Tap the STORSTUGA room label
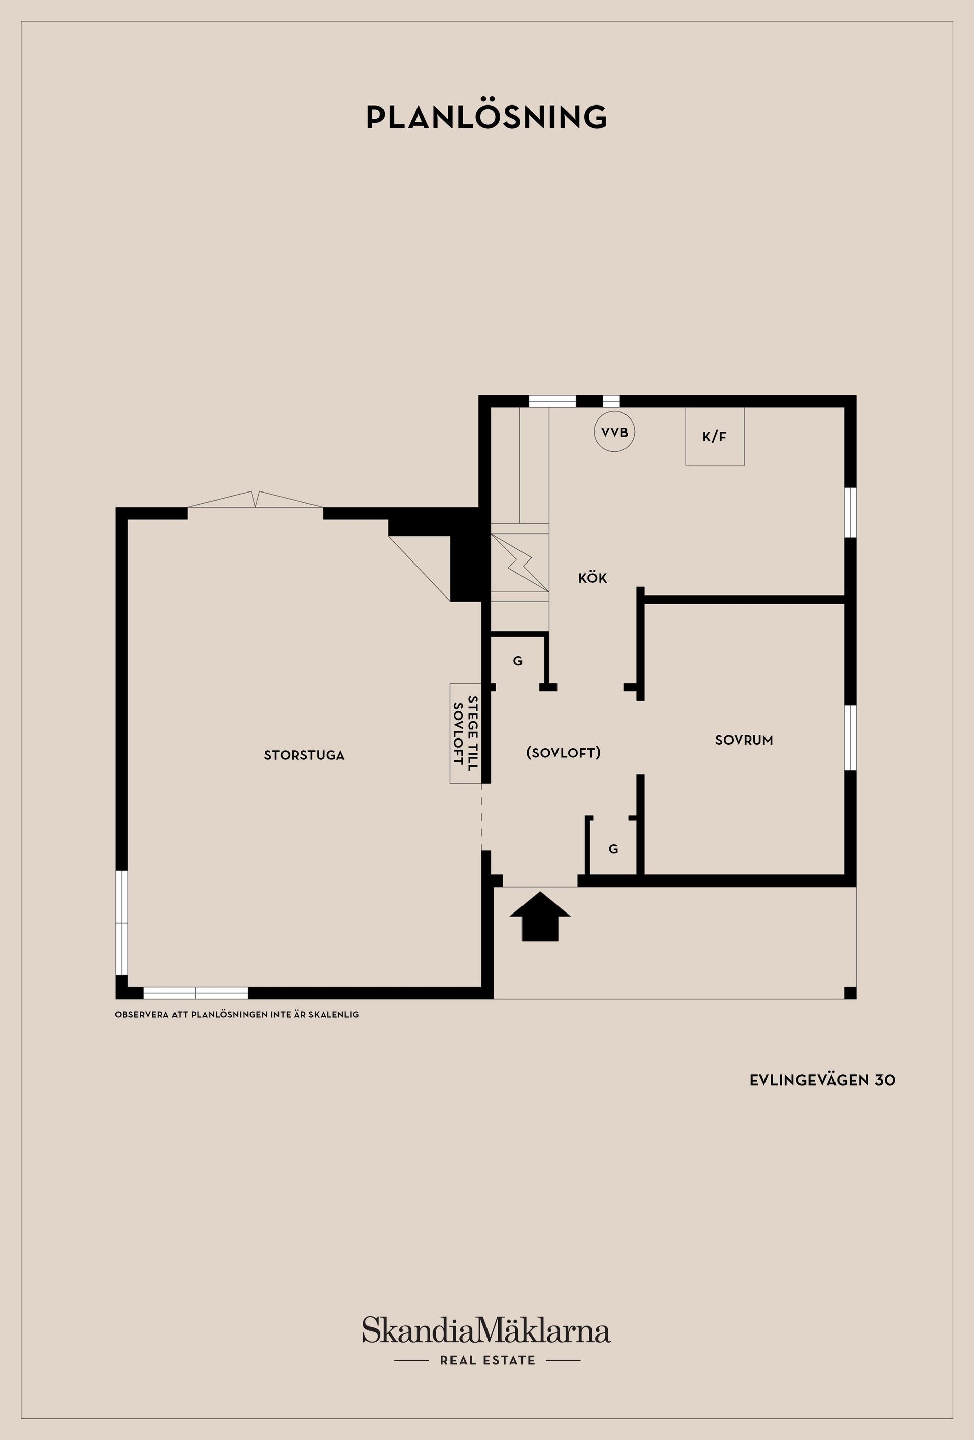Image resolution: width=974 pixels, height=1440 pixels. tap(304, 755)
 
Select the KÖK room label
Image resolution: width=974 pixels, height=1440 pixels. tap(593, 578)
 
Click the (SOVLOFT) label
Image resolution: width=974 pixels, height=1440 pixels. tap(563, 753)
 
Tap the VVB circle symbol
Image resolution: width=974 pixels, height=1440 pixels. tap(614, 432)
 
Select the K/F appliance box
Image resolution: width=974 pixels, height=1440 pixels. tap(714, 436)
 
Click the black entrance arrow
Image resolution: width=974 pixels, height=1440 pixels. tap(540, 917)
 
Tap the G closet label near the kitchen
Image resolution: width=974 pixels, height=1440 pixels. tap(518, 661)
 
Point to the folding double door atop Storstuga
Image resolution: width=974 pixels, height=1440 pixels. tap(255, 500)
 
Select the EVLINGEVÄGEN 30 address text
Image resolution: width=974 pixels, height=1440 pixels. tap(822, 1080)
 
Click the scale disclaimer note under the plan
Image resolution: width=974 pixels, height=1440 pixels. tap(237, 1015)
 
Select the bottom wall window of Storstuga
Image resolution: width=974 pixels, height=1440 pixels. tap(196, 993)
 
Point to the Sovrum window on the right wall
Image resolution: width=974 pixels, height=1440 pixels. tap(851, 738)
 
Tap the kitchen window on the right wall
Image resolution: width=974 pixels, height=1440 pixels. tap(851, 512)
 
